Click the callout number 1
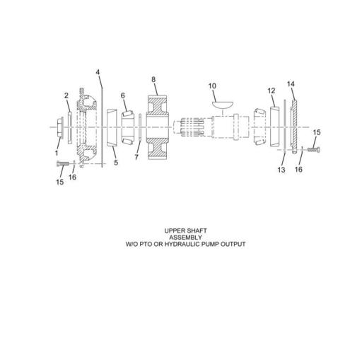coord(57,151)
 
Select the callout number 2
coord(66,95)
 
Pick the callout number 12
coord(271,90)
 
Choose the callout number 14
coord(291,84)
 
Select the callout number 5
coord(116,162)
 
